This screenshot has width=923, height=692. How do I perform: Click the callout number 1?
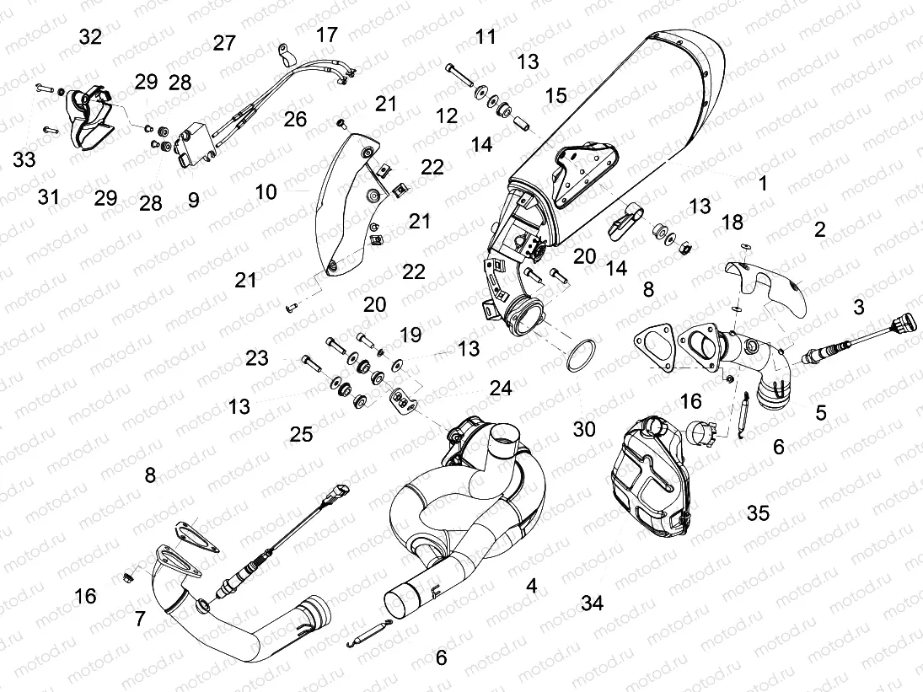pos(763,183)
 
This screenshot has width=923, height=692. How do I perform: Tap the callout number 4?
pos(532,586)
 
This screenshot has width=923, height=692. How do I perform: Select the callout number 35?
pos(758,512)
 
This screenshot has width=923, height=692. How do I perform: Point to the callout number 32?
pos(90,37)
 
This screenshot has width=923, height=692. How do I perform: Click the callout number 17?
pos(327,35)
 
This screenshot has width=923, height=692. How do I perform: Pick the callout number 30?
pos(584,429)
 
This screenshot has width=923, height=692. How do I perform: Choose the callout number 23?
pos(257,357)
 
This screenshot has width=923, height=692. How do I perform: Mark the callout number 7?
pos(140,619)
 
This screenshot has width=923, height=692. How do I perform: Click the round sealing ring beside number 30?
pos(581,357)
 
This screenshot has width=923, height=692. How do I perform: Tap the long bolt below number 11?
pos(460,76)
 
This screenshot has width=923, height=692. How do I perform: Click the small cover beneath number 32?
pos(85,119)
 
